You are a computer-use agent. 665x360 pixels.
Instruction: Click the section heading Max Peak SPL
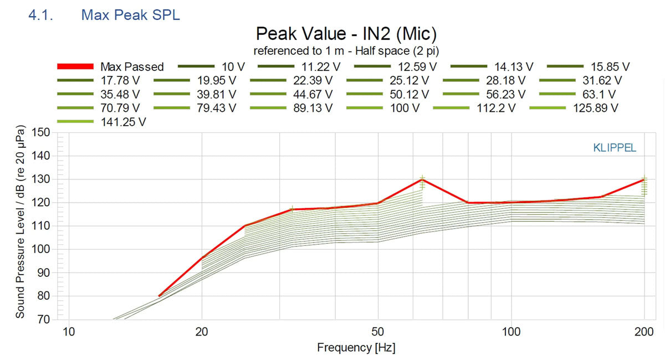tap(130, 15)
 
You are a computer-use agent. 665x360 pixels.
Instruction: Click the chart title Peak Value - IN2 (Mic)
tap(346, 34)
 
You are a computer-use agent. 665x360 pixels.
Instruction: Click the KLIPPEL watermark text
tap(614, 148)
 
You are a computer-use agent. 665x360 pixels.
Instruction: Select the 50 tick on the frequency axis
tap(377, 332)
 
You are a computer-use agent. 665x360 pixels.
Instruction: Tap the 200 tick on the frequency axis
tap(644, 332)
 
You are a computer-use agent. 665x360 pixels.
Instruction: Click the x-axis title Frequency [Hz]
tap(356, 348)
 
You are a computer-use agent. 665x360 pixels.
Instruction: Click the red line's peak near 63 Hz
tap(422, 179)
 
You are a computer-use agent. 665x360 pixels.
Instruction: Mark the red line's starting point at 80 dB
tap(160, 296)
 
